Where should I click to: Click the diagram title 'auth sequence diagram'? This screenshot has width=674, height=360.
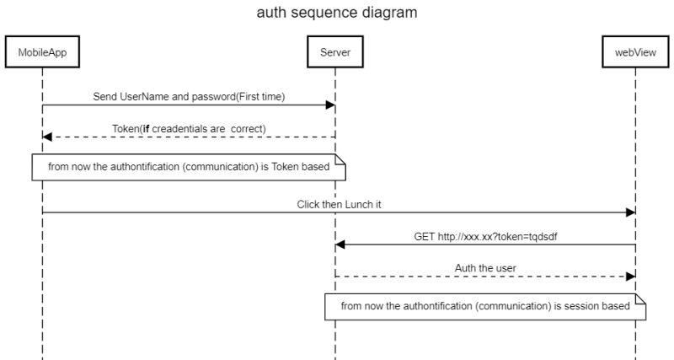pyautogui.click(x=336, y=13)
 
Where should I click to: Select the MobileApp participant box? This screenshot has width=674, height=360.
pyautogui.click(x=42, y=53)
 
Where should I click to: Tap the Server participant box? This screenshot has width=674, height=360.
pyautogui.click(x=335, y=53)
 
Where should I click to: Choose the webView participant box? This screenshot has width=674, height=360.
pyautogui.click(x=634, y=53)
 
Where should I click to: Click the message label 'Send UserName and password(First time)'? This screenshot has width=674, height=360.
pyautogui.click(x=189, y=97)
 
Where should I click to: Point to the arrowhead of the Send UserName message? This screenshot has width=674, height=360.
pyautogui.click(x=330, y=105)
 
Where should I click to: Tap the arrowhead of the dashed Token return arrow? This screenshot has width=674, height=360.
pyautogui.click(x=47, y=137)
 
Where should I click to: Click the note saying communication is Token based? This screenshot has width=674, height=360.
pyautogui.click(x=189, y=167)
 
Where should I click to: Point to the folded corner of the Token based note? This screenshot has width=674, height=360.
pyautogui.click(x=340, y=159)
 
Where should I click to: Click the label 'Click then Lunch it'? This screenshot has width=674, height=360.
pyautogui.click(x=338, y=204)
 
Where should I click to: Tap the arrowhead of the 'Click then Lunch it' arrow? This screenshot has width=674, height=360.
pyautogui.click(x=629, y=212)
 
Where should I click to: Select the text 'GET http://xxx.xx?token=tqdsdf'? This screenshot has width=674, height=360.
pyautogui.click(x=485, y=236)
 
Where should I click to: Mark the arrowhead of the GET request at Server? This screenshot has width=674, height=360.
pyautogui.click(x=340, y=244)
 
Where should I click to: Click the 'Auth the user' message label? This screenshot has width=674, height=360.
pyautogui.click(x=485, y=268)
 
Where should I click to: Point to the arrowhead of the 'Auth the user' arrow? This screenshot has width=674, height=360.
pyautogui.click(x=629, y=277)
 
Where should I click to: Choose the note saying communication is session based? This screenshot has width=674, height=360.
pyautogui.click(x=485, y=307)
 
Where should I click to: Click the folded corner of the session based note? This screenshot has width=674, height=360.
pyautogui.click(x=640, y=299)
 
